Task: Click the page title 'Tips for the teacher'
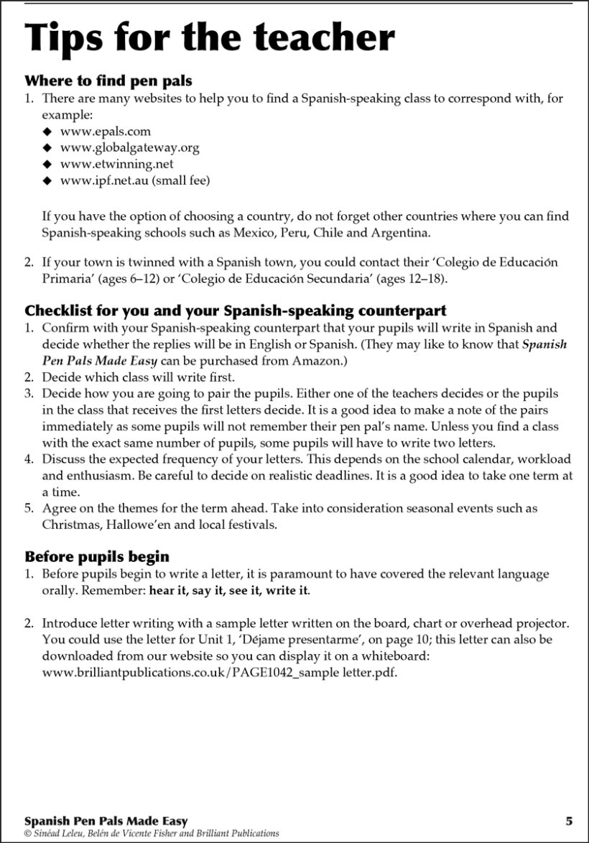[209, 37]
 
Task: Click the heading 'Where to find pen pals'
[108, 81]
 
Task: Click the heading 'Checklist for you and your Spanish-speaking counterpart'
[236, 311]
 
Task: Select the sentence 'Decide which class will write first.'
[138, 377]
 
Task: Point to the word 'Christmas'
[68, 525]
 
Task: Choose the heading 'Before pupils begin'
[97, 556]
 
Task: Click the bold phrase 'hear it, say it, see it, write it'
[229, 591]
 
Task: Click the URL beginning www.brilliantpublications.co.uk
[219, 673]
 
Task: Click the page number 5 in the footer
[569, 821]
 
